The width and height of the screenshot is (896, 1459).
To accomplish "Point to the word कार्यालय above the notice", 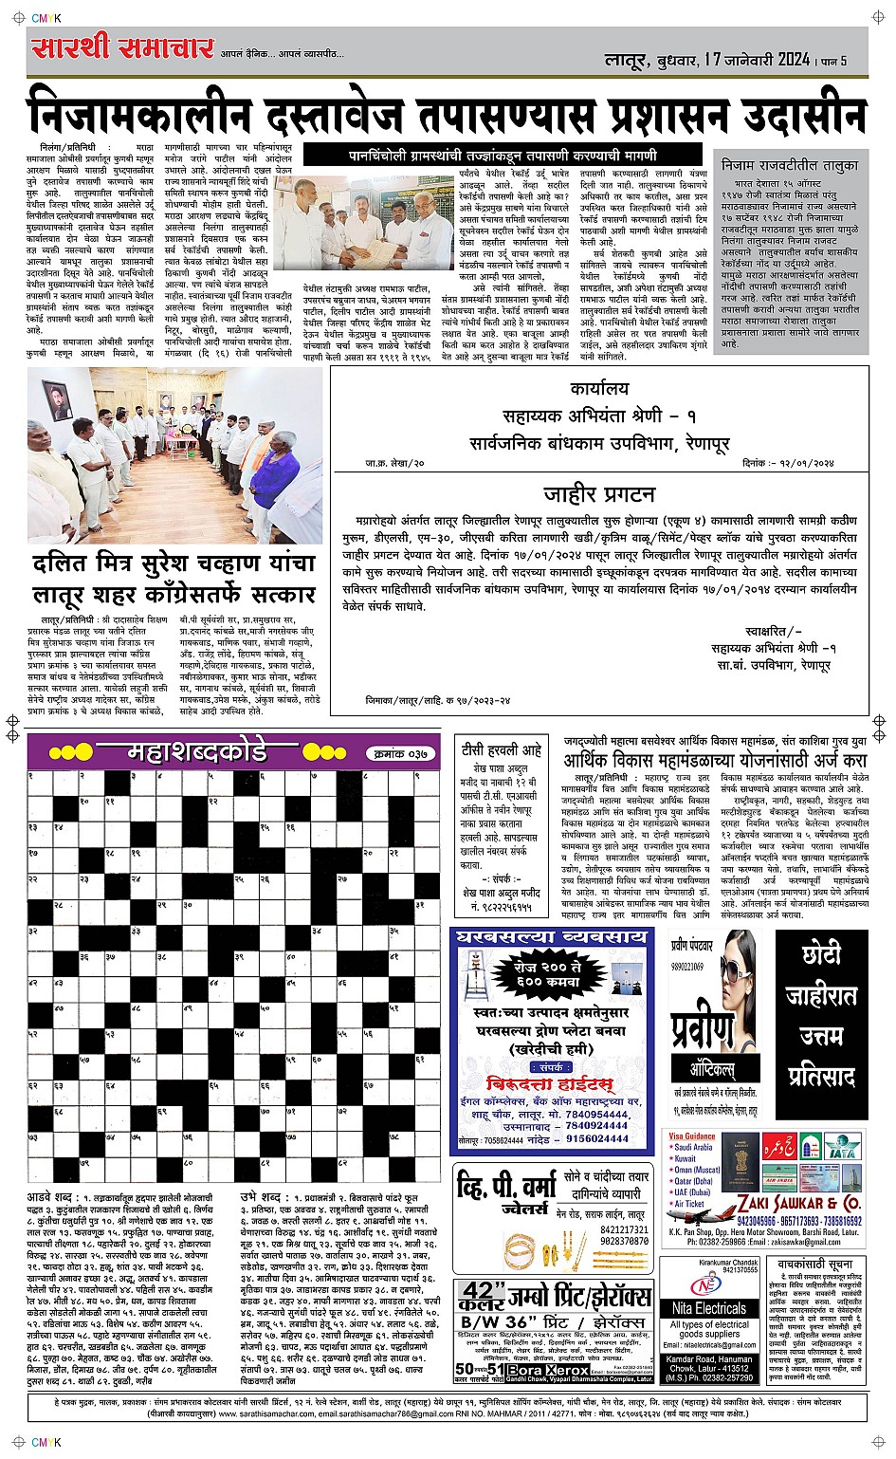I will point(599,390).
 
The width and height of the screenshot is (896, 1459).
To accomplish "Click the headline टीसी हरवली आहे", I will point(501,749).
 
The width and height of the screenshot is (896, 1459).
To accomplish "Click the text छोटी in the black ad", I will point(821,953).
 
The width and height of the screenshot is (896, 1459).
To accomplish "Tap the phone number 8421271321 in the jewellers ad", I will point(624,1228).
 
